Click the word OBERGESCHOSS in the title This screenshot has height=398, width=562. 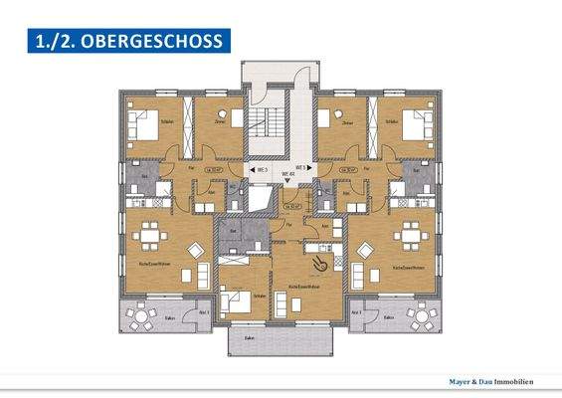pos(159,41)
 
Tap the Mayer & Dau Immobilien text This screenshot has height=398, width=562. pos(494,381)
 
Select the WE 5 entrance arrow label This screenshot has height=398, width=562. pos(300,168)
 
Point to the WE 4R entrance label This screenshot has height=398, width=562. pos(289,175)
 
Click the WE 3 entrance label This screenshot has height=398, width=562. pos(262,169)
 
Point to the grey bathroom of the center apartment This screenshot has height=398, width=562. pos(239,237)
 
